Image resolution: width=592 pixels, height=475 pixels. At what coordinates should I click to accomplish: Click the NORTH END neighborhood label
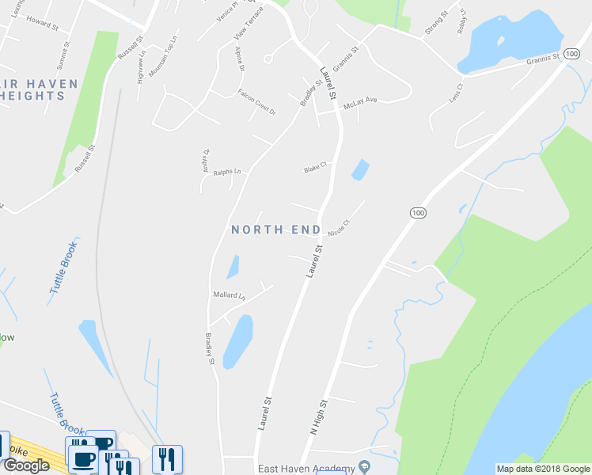pyautogui.click(x=275, y=230)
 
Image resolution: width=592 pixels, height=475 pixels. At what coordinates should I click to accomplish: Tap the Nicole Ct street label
pyautogui.click(x=339, y=227)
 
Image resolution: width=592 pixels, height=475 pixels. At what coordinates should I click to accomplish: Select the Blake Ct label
pyautogui.click(x=315, y=169)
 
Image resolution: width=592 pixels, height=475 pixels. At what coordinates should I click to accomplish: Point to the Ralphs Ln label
pyautogui.click(x=226, y=171)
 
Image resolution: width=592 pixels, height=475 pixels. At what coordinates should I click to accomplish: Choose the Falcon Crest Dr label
pyautogui.click(x=256, y=102)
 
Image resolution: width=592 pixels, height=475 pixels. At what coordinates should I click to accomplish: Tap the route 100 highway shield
pyautogui.click(x=418, y=213)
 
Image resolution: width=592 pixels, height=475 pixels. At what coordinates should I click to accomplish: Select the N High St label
pyautogui.click(x=319, y=417)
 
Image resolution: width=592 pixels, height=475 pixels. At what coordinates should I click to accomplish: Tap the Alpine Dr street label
pyautogui.click(x=239, y=59)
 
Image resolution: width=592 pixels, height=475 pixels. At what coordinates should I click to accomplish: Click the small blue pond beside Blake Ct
pyautogui.click(x=360, y=169)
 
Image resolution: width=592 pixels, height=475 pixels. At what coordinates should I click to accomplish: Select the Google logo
pyautogui.click(x=26, y=465)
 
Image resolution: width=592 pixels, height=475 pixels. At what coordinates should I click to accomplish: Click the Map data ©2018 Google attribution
pyautogui.click(x=542, y=469)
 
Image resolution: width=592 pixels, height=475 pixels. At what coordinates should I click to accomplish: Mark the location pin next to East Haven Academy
pyautogui.click(x=364, y=465)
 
